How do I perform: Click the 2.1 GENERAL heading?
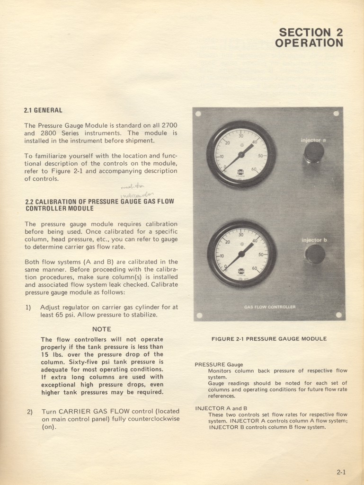[x=43, y=110]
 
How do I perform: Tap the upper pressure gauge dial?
[x=241, y=154]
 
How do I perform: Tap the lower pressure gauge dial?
[x=241, y=254]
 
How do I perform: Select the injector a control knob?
[x=314, y=152]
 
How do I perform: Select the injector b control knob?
[x=315, y=254]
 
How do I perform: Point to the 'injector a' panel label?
[x=313, y=140]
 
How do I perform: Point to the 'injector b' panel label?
[x=314, y=240]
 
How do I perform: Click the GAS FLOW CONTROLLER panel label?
[x=270, y=307]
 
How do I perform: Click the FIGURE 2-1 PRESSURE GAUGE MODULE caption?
[x=269, y=339]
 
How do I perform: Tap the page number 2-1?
[x=341, y=472]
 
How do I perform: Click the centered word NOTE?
[x=102, y=329]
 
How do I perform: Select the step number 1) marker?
[x=28, y=307]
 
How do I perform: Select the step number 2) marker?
[x=30, y=412]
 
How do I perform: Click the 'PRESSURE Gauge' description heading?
[x=219, y=365]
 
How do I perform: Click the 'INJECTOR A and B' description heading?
[x=221, y=408]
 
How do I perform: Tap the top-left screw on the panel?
[x=198, y=114]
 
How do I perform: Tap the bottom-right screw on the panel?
[x=338, y=315]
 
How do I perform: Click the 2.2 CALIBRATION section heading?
[x=99, y=205]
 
